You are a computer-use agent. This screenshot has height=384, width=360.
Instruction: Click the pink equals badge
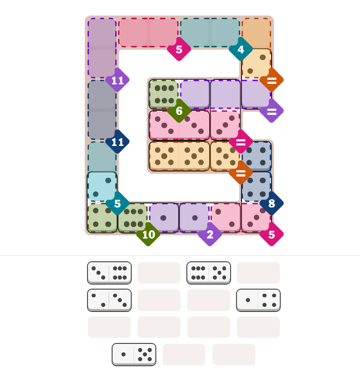pyautogui.click(x=241, y=142)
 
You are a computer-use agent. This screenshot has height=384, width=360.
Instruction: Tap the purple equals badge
pyautogui.click(x=272, y=111)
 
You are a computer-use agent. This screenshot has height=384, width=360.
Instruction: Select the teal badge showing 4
pyautogui.click(x=241, y=49)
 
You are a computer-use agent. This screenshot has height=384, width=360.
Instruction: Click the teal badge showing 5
pyautogui.click(x=118, y=203)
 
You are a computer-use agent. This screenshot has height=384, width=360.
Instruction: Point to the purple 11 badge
pyautogui.click(x=118, y=80)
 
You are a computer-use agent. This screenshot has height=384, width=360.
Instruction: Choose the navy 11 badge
pyautogui.click(x=118, y=142)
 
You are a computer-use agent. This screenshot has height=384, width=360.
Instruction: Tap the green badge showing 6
pyautogui.click(x=179, y=111)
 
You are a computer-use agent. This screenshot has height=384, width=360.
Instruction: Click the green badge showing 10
pyautogui.click(x=148, y=234)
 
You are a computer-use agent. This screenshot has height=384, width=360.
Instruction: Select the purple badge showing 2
pyautogui.click(x=210, y=234)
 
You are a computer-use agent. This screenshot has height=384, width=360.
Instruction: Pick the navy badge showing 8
pyautogui.click(x=272, y=203)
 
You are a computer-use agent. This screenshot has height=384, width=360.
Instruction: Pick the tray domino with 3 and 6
pyautogui.click(x=109, y=273)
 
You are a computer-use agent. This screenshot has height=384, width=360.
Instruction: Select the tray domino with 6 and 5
pyautogui.click(x=209, y=273)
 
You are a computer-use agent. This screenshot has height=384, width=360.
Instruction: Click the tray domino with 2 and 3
pyautogui.click(x=109, y=300)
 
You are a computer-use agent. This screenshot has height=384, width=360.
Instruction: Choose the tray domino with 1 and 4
pyautogui.click(x=258, y=300)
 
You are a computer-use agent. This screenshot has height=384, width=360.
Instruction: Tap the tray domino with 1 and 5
pyautogui.click(x=134, y=354)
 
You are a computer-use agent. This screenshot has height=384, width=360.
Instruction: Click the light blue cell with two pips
pyautogui.click(x=102, y=187)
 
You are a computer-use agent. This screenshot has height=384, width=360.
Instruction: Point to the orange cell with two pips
pyautogui.click(x=257, y=64)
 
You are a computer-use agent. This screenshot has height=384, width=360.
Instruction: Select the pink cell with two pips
pyautogui.click(x=226, y=218)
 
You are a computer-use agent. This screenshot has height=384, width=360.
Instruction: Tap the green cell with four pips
pyautogui.click(x=102, y=218)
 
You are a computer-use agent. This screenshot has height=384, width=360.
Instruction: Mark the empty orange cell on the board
pyautogui.click(x=257, y=33)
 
